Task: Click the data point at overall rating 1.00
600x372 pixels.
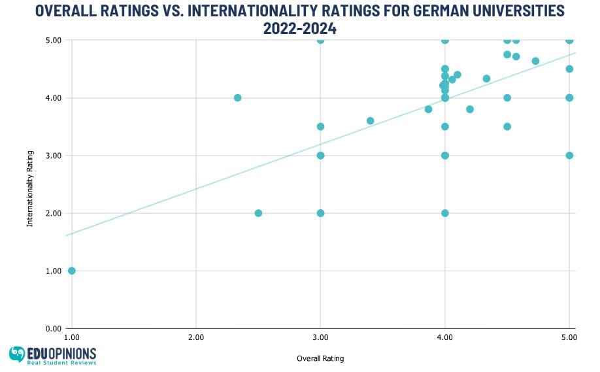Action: click(x=72, y=271)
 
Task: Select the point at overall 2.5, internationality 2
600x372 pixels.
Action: click(x=258, y=213)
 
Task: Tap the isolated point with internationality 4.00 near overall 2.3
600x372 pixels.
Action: click(x=237, y=97)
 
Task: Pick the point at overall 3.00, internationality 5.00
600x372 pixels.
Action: click(x=320, y=40)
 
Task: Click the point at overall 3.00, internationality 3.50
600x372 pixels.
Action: click(x=320, y=127)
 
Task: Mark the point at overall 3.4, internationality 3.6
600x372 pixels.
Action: click(x=370, y=121)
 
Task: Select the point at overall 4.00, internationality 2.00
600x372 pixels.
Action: click(x=445, y=213)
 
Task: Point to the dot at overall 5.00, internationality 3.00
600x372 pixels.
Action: click(x=569, y=156)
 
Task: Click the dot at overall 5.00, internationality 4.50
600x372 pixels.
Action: click(x=569, y=69)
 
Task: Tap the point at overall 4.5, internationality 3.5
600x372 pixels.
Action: click(x=507, y=127)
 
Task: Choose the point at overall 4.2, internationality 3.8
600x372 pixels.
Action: click(x=470, y=109)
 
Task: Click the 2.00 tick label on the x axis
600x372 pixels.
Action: click(x=196, y=337)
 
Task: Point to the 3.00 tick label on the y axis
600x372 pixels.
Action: click(x=53, y=156)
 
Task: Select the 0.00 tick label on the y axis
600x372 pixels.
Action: click(x=53, y=328)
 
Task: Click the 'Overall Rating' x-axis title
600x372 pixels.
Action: click(x=320, y=358)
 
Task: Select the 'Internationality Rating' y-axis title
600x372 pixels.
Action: click(x=30, y=184)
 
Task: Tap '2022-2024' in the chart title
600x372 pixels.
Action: click(x=301, y=28)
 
